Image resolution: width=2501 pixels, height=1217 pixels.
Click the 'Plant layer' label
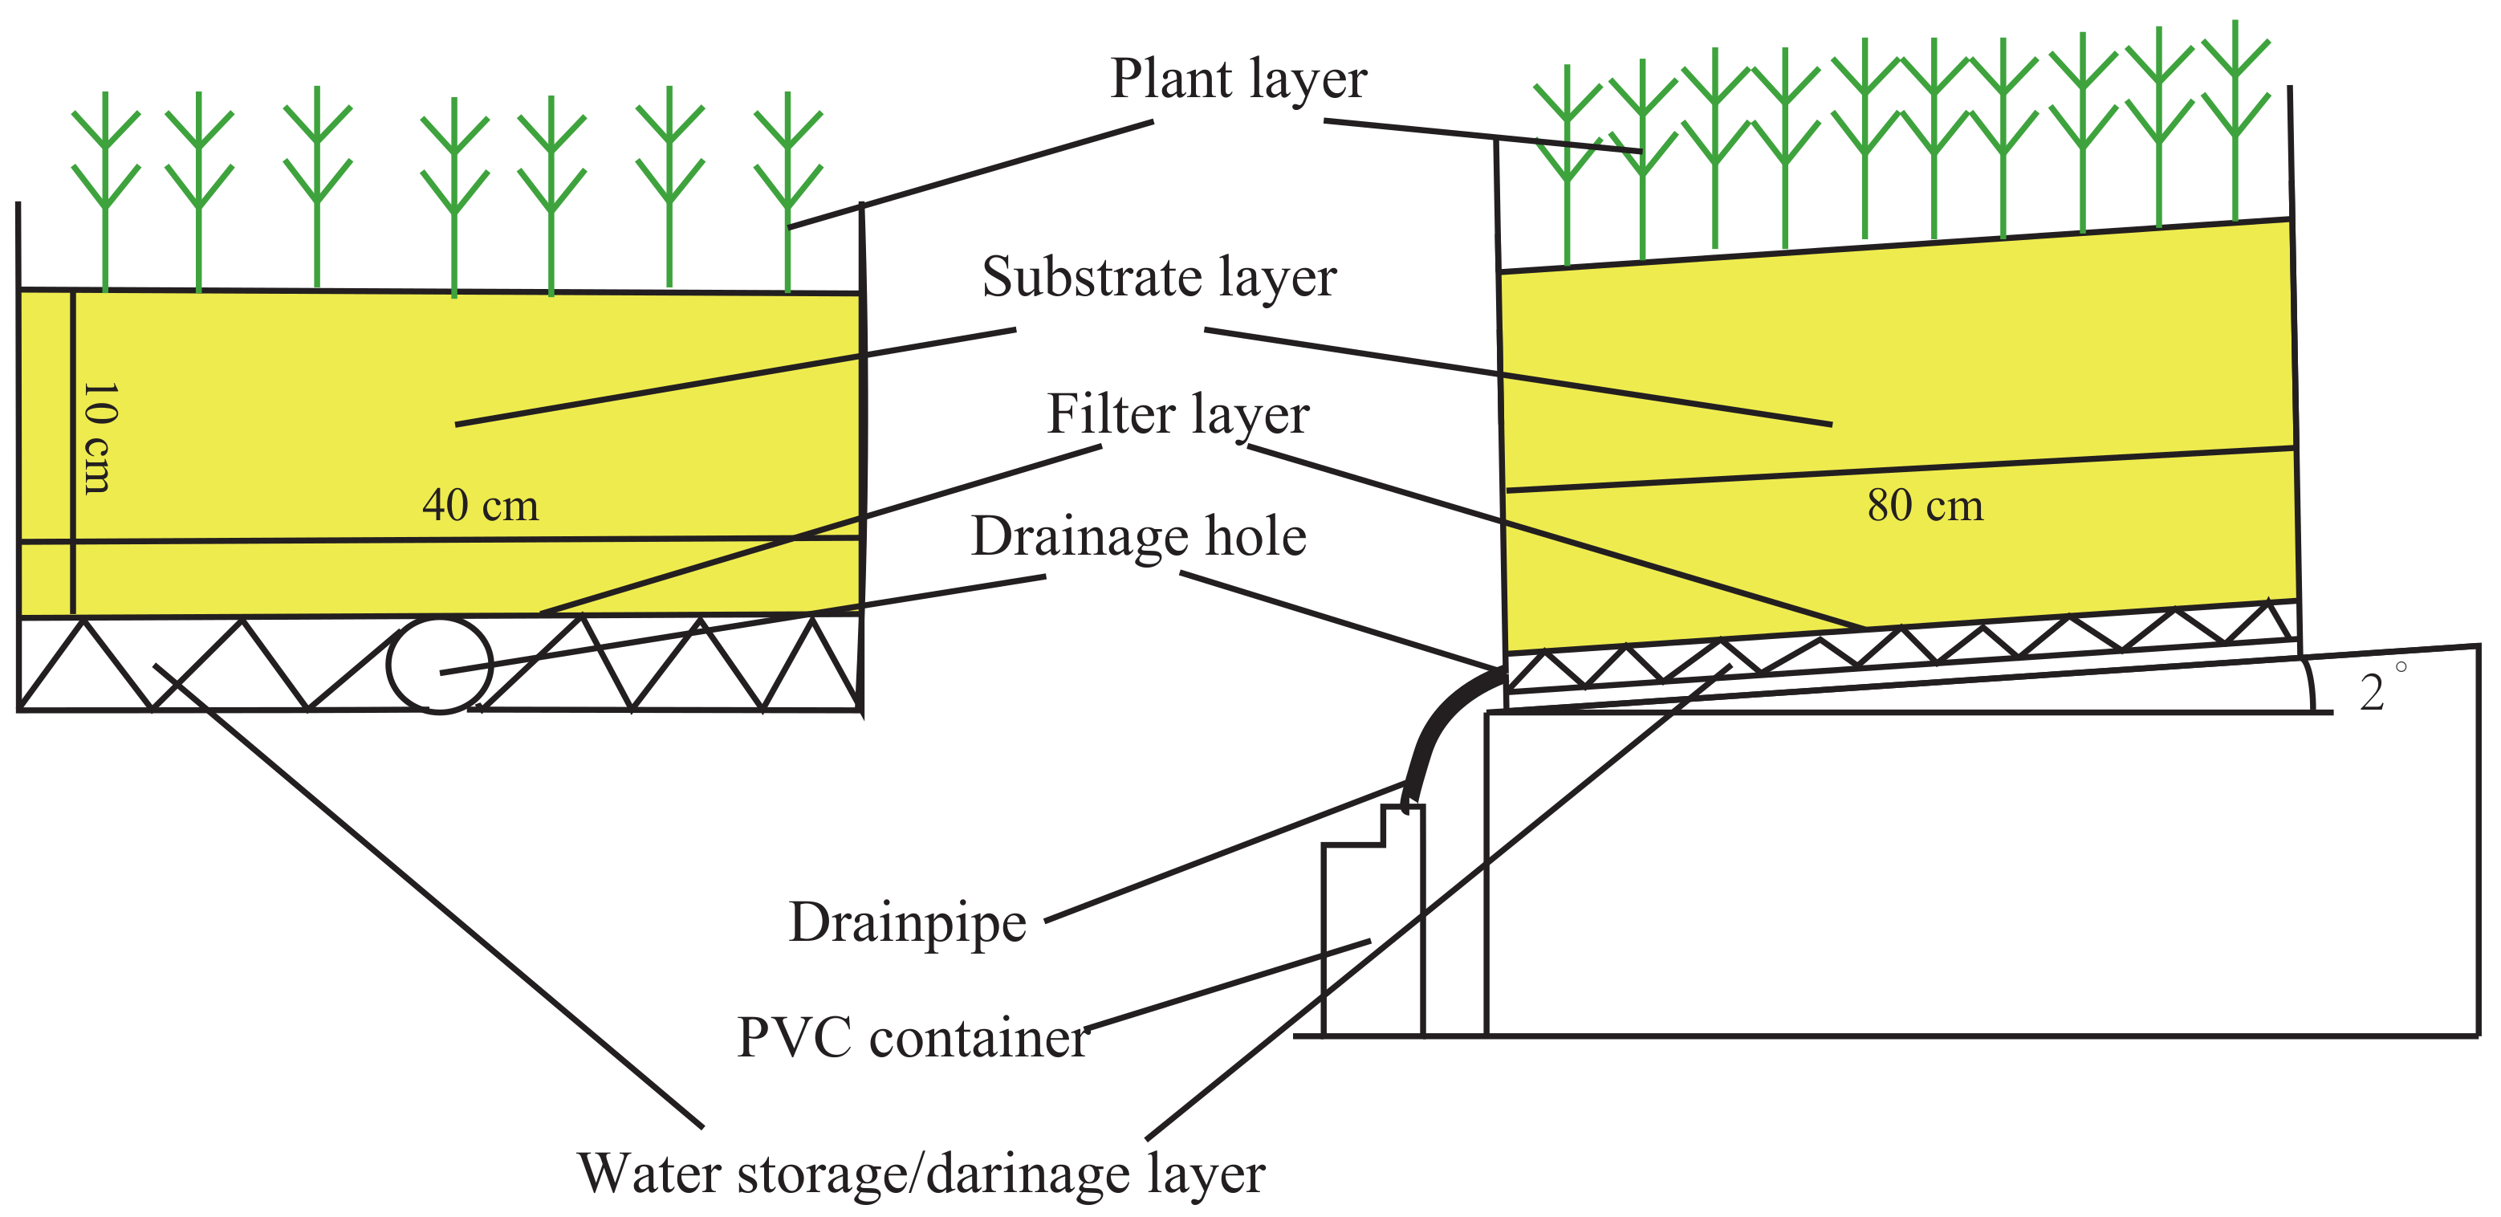point(1238,79)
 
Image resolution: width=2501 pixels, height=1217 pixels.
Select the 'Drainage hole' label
point(1138,537)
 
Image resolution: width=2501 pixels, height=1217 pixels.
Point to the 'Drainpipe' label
point(907,922)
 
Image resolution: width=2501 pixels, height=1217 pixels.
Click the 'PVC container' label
point(913,1038)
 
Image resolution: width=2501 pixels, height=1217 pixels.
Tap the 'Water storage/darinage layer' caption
point(921,1174)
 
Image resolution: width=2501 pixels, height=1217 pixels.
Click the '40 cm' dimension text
point(480,506)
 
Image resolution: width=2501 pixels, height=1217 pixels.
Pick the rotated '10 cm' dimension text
point(97,437)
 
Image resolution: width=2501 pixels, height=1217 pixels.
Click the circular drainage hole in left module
point(440,665)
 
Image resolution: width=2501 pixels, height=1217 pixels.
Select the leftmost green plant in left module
point(105,194)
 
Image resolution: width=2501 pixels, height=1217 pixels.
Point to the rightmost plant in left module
point(787,194)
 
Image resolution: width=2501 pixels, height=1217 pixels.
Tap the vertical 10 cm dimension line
point(73,453)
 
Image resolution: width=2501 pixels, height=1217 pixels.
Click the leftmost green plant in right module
point(1567,165)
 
